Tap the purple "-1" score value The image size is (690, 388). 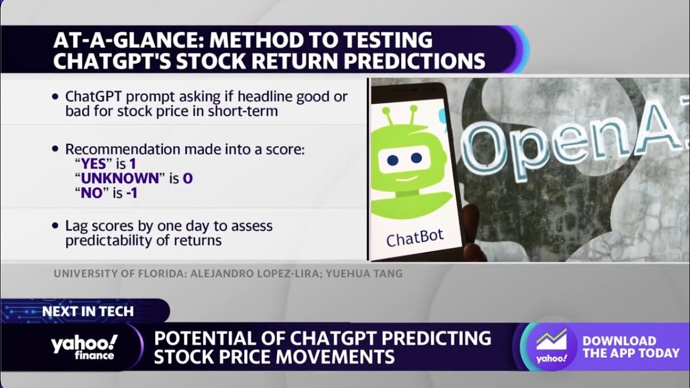132,193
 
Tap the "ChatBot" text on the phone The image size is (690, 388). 415,237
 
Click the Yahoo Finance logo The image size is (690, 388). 84,347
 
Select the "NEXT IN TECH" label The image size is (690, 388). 88,311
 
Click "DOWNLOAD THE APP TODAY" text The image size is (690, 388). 631,347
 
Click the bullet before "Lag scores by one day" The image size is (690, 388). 54,226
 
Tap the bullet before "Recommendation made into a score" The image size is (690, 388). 54,149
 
